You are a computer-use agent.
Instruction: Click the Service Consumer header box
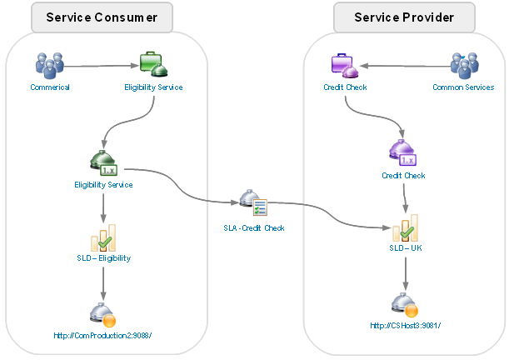point(102,17)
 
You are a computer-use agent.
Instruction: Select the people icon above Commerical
point(49,64)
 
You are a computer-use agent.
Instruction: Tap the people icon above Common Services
point(463,64)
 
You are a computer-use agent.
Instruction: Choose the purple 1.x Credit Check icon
point(403,154)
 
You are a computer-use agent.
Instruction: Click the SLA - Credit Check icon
point(253,203)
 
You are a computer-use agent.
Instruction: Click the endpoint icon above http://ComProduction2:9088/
point(103,314)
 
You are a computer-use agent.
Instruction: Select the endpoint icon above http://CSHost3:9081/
point(404,305)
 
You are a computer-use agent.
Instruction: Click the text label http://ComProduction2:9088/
point(103,335)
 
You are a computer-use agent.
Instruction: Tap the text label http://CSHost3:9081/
point(404,326)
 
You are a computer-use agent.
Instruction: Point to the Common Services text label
point(463,87)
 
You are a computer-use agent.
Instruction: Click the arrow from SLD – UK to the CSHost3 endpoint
point(404,273)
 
